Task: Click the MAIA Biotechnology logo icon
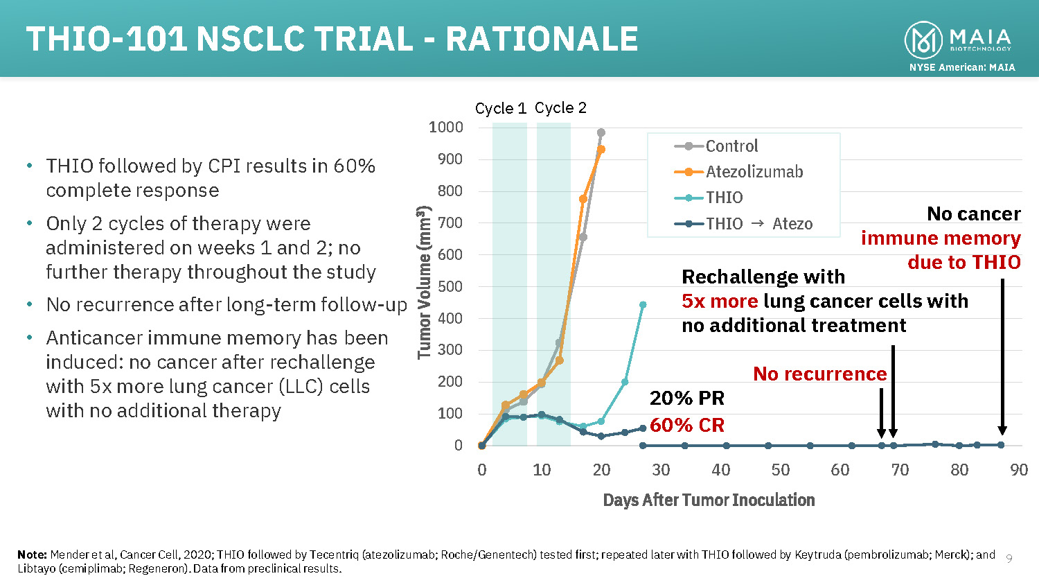(923, 40)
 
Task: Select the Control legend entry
(731, 146)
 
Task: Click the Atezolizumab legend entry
(754, 172)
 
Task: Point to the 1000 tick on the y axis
(445, 127)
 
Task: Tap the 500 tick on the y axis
(449, 286)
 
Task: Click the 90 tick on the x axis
(1019, 470)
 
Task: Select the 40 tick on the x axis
(720, 470)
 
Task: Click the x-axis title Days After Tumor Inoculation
(709, 500)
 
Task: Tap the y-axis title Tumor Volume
(424, 283)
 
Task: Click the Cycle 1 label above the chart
(500, 109)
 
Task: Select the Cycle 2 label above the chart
(560, 108)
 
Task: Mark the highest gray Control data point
(601, 132)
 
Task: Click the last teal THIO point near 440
(643, 305)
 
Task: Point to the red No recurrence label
(819, 374)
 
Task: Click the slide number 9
(1009, 559)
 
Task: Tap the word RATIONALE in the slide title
(542, 40)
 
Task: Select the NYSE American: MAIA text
(962, 67)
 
